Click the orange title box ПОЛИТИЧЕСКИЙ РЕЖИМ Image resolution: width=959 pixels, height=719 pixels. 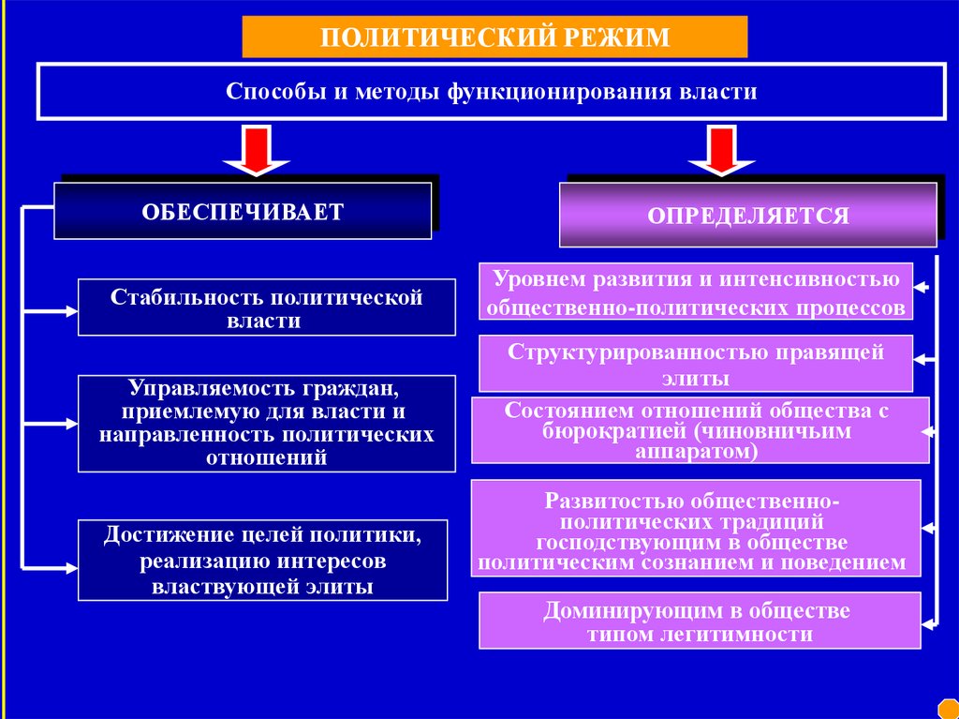coord(494,37)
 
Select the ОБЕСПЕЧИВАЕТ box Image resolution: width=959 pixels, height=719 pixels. coord(243,210)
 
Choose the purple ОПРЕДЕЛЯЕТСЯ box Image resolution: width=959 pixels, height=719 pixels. coord(747,215)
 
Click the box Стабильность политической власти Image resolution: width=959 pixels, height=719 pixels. coord(266,307)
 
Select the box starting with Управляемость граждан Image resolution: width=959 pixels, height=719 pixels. coord(266,423)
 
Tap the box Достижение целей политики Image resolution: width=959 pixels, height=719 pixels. coord(262,561)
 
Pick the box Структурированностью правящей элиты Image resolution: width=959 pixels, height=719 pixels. coord(695,364)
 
